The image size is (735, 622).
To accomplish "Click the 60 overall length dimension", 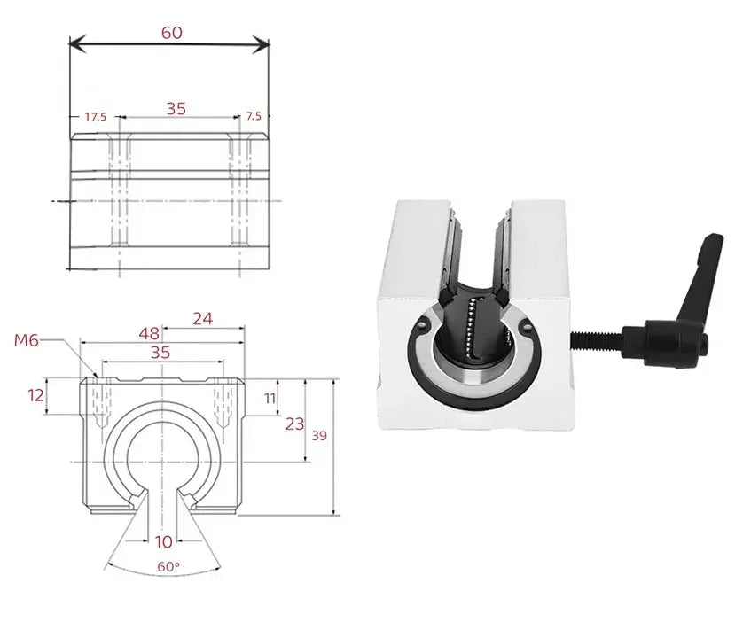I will pos(172,33).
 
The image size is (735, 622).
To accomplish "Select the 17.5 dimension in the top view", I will pos(95,116).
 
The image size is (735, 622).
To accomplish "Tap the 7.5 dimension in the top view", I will pos(254,116).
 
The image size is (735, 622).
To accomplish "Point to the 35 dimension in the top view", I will pos(176,109).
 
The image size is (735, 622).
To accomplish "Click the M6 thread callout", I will pos(27,340).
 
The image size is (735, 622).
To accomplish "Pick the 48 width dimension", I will pos(149,334).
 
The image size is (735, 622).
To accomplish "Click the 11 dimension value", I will pos(269,398).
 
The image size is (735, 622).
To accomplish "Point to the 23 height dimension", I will pos(294,424).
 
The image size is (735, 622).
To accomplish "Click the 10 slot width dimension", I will pos(162,540).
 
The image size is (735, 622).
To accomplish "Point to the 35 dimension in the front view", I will pos(160,352).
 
